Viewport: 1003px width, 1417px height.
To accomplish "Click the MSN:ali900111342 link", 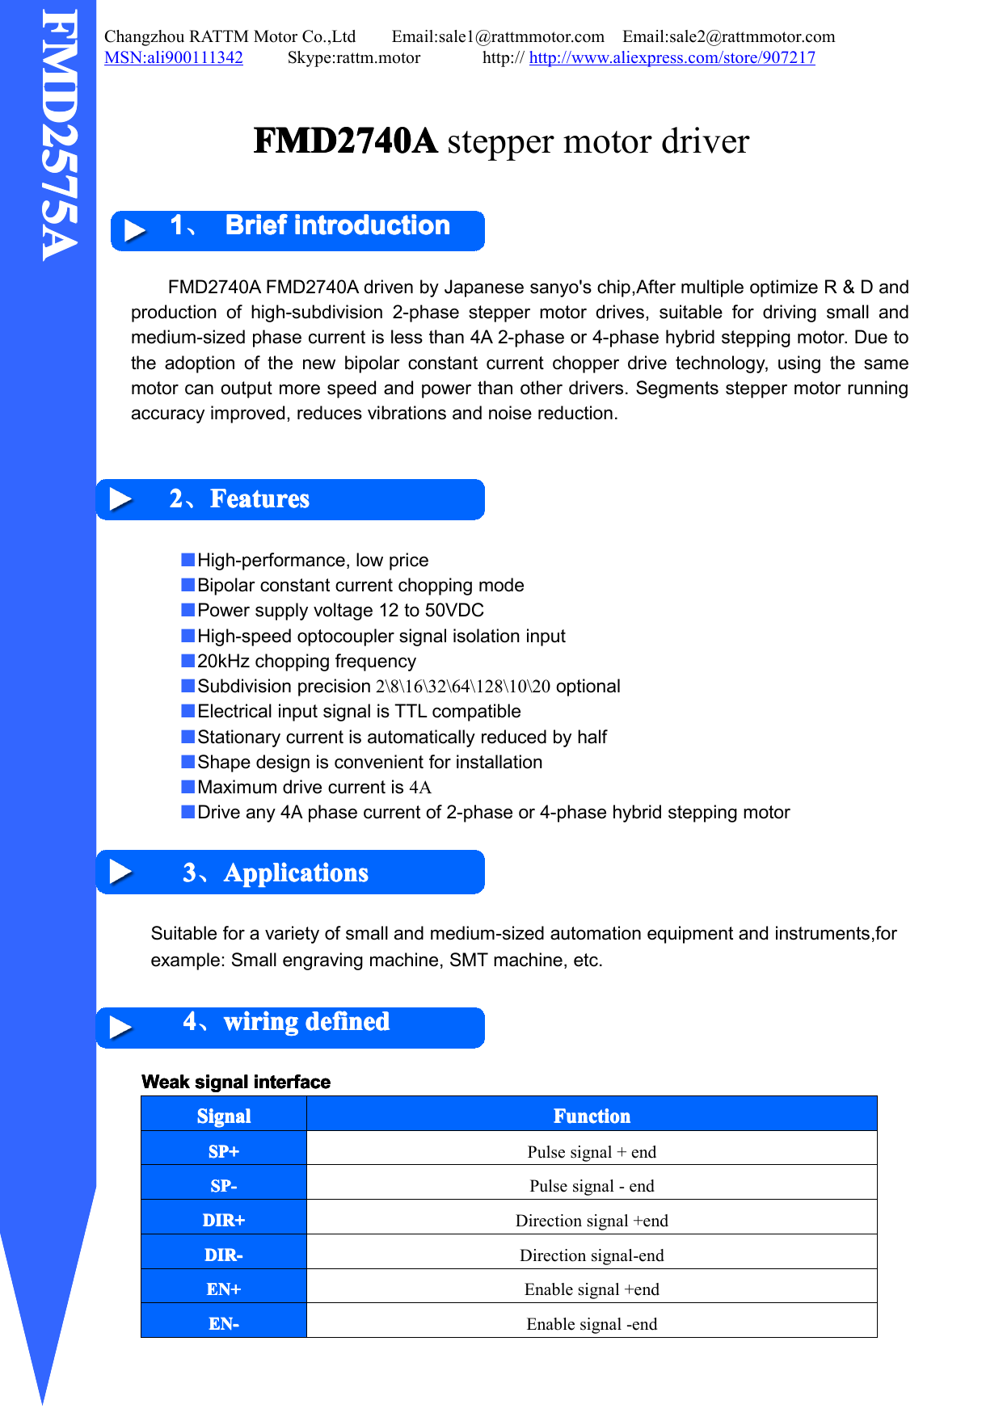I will [x=174, y=58].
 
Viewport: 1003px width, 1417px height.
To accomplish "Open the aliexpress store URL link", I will [x=672, y=58].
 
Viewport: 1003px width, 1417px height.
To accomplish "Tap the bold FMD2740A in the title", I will [x=345, y=141].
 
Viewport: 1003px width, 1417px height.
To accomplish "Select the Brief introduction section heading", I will [x=337, y=225].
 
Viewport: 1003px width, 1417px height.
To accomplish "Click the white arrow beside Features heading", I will [x=120, y=499].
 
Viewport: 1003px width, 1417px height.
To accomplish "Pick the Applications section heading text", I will [x=296, y=873].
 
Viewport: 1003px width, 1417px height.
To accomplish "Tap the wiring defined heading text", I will [x=306, y=1022].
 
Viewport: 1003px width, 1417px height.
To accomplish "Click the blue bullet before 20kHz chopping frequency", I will [x=188, y=661].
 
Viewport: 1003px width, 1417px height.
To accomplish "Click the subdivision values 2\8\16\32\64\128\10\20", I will [x=462, y=687].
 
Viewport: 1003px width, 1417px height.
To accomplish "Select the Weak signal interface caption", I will [x=236, y=1083].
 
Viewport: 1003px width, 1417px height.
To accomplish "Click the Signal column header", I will [x=224, y=1116].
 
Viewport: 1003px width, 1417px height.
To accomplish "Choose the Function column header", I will [x=592, y=1116].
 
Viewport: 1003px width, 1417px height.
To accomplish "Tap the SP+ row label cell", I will [x=224, y=1151].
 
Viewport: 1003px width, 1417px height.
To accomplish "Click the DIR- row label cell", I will [x=224, y=1255].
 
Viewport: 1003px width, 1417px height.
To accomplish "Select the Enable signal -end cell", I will [x=592, y=1324].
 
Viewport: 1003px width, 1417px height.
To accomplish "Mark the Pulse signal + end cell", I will [x=592, y=1152].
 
